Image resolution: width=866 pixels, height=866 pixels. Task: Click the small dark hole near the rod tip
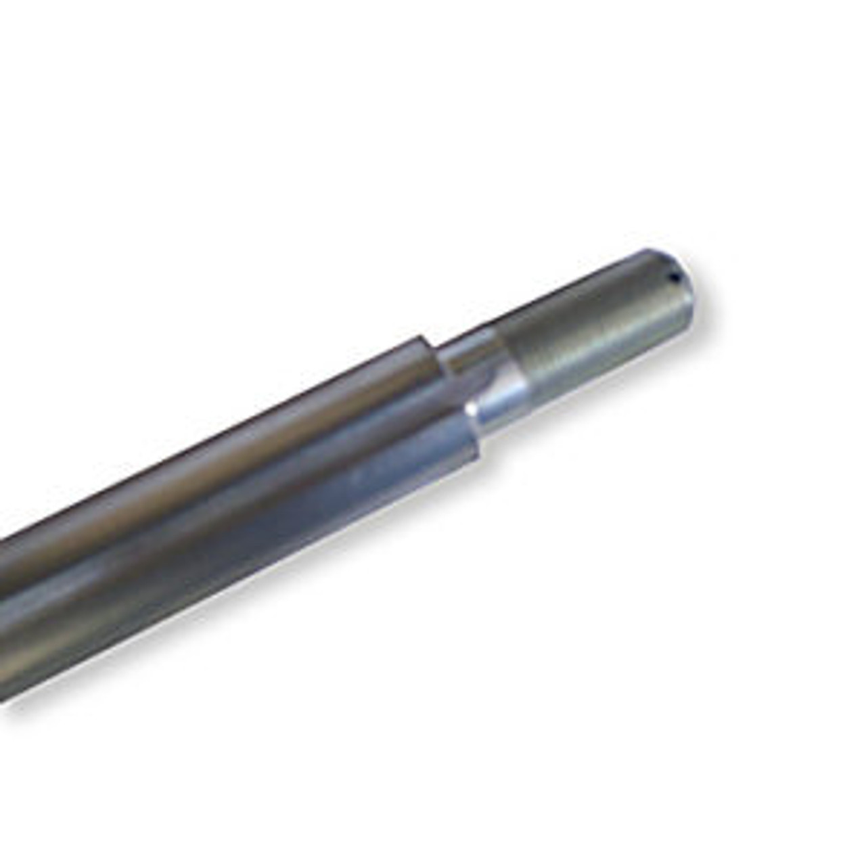pyautogui.click(x=673, y=276)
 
